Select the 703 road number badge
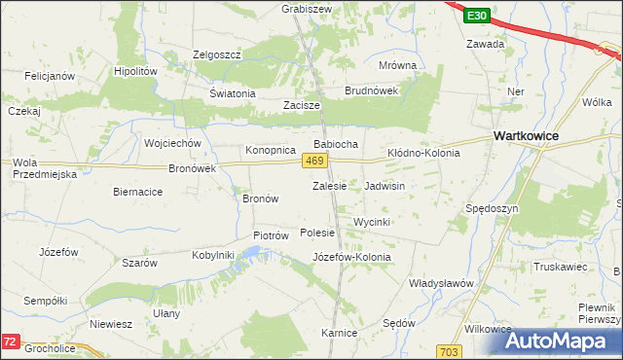point(449,350)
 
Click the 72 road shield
point(11,342)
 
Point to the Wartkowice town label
point(526,137)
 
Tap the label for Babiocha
point(336,144)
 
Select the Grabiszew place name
point(308,8)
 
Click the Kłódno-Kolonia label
point(423,154)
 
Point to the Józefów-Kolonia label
point(351,257)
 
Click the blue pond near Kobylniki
point(250,254)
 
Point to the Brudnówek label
point(372,90)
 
